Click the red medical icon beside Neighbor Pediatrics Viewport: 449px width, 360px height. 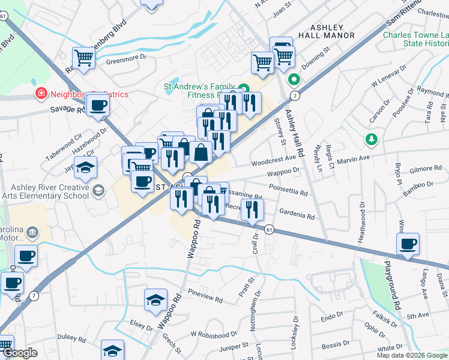41,94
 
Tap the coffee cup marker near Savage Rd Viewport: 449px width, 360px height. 98,106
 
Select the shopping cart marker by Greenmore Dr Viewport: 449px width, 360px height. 83,58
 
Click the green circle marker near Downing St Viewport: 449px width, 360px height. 294,79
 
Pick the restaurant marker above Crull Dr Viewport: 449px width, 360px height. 252,209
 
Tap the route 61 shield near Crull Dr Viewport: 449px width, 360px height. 269,229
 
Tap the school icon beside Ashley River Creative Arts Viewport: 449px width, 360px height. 98,190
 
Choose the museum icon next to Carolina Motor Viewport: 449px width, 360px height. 32,232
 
